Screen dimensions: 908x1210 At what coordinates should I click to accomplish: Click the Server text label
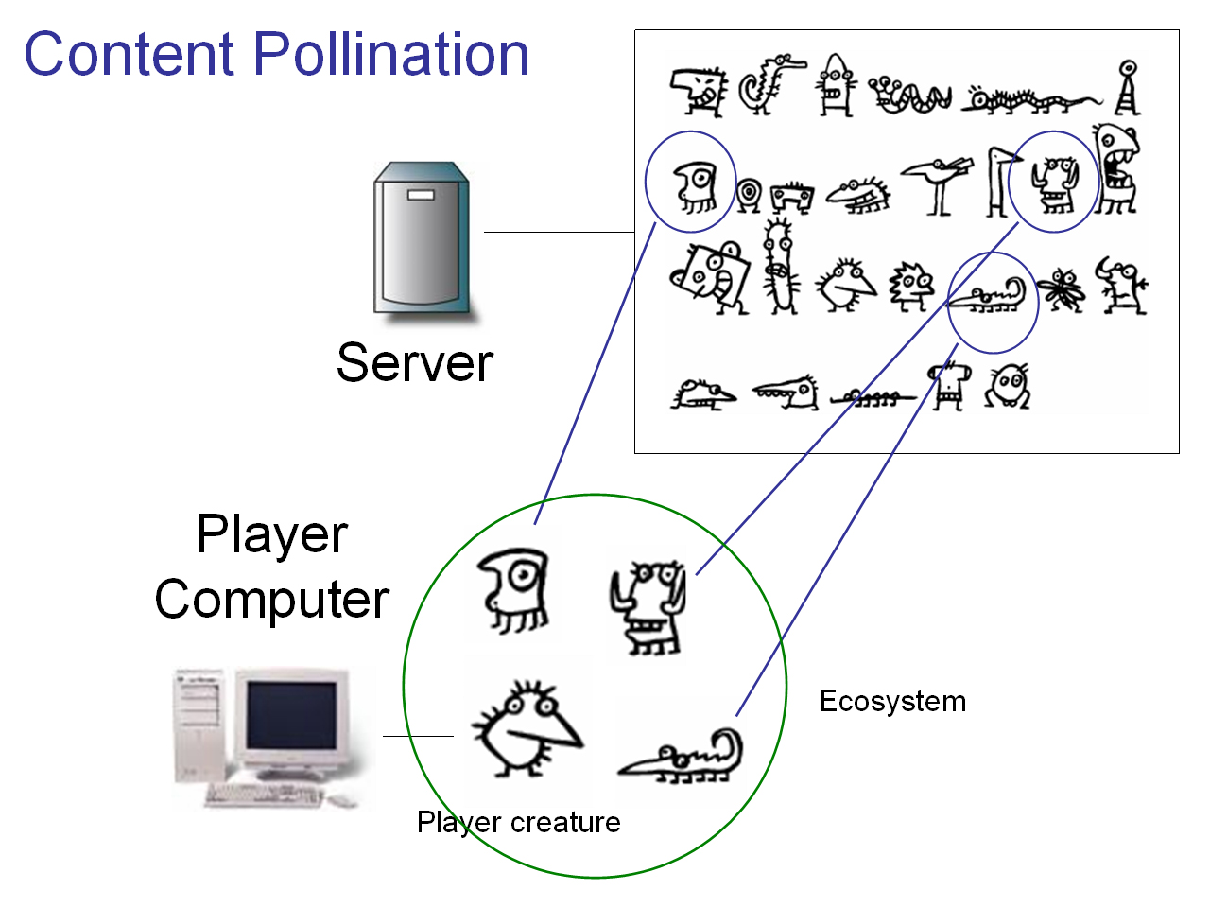[414, 363]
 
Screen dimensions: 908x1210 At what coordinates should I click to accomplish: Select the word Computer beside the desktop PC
[272, 600]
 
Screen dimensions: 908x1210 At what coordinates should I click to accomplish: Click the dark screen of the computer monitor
[290, 714]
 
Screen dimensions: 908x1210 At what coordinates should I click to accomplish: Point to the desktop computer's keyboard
[263, 795]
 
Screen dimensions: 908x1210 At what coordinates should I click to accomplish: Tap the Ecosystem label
[892, 702]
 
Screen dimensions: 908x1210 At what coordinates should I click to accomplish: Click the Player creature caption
[518, 822]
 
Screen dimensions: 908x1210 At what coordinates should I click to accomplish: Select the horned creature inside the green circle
[648, 606]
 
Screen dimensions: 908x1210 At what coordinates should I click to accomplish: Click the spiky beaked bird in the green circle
[526, 730]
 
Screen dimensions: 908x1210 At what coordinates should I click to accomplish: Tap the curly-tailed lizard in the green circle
[683, 757]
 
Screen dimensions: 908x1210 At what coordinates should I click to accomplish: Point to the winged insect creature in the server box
[1063, 289]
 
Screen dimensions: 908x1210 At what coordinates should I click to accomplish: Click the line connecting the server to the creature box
[559, 232]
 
